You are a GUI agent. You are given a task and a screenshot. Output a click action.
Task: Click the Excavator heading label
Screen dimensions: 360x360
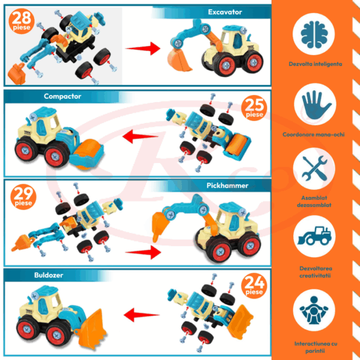point(226,12)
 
